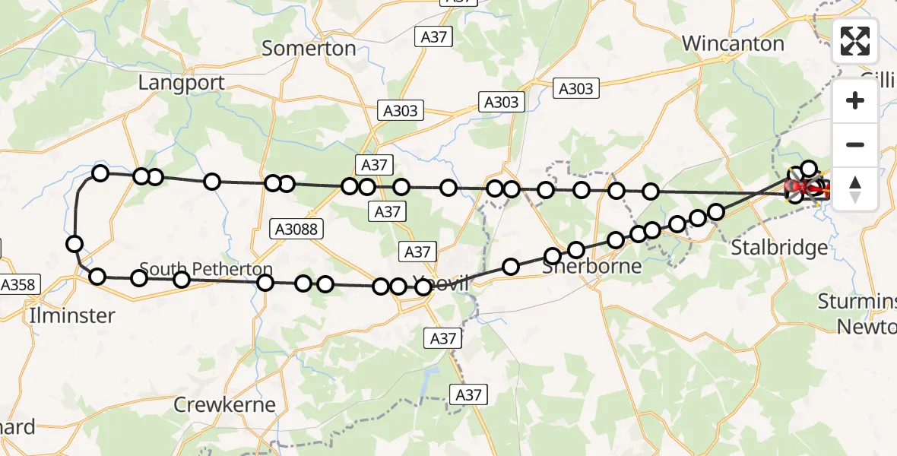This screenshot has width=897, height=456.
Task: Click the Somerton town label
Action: [x=309, y=49]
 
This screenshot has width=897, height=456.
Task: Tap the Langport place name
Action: [x=181, y=83]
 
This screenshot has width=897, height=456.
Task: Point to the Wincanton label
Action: [x=733, y=43]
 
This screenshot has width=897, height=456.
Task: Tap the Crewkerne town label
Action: [x=224, y=404]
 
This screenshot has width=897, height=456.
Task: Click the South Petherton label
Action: [x=206, y=270]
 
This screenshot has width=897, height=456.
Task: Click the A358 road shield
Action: [x=17, y=285]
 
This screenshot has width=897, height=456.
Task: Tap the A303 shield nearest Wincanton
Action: [x=575, y=89]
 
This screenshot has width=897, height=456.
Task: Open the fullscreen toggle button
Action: [x=855, y=41]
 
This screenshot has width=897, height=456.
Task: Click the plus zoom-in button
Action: [x=855, y=100]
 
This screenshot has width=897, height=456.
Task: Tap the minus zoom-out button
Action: [x=855, y=144]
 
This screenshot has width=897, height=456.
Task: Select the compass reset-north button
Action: [x=855, y=188]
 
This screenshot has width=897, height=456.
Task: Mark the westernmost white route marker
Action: [x=74, y=244]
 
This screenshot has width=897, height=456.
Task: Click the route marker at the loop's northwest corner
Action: [x=100, y=174]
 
